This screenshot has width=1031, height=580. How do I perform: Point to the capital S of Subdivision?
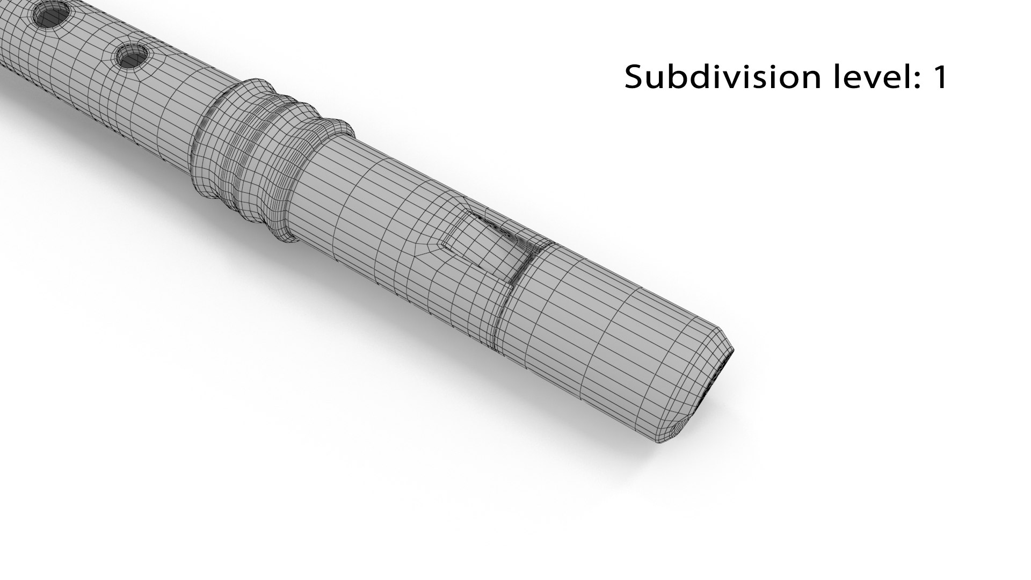tap(635, 77)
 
